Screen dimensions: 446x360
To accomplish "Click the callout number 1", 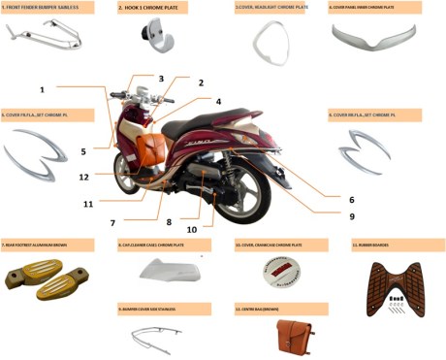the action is (43, 89).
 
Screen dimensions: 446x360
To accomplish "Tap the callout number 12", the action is (84, 178).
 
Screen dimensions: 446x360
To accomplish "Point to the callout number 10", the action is (192, 229).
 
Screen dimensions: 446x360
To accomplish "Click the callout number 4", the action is (218, 101).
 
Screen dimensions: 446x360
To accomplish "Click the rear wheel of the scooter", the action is (246, 185).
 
